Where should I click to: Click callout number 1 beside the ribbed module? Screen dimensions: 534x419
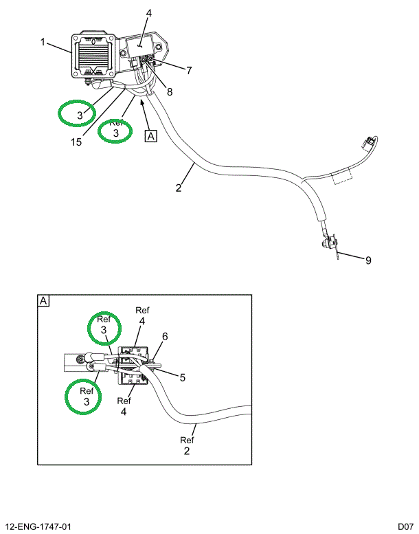point(43,42)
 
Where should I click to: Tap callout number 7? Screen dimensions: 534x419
point(188,69)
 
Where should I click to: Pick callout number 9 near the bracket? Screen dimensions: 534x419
point(367,260)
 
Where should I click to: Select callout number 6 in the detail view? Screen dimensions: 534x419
point(165,337)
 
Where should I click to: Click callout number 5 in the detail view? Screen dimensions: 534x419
point(183,377)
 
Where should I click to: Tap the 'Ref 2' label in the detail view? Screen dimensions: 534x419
point(187,446)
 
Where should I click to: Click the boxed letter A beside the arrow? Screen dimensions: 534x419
point(151,135)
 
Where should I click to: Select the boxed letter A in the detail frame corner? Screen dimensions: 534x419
point(43,301)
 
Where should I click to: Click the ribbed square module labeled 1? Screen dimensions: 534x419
point(92,55)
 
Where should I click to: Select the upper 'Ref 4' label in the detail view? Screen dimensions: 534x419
point(141,315)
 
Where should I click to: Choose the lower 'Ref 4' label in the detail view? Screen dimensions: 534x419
point(124,406)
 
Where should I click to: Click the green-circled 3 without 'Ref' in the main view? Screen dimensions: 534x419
point(79,115)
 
